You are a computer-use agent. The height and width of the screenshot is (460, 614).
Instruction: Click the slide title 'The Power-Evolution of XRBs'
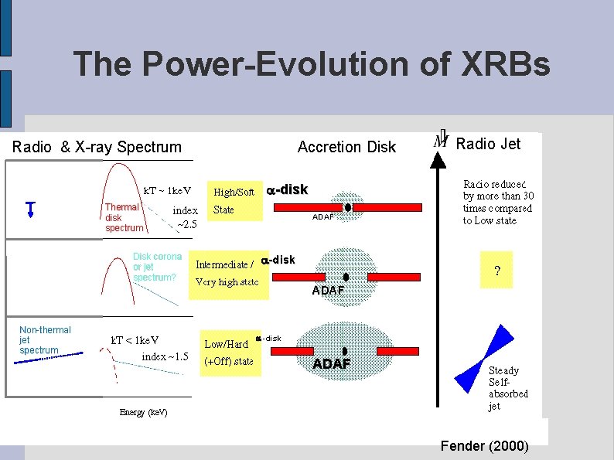312,63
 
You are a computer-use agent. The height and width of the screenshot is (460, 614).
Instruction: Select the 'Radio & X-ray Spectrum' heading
97,147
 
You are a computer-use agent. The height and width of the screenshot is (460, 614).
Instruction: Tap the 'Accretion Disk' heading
346,147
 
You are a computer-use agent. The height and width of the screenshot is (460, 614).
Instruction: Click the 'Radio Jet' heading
488,144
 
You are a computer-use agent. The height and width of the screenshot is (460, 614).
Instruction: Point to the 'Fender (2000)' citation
484,446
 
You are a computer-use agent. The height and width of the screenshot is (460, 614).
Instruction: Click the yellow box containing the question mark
497,271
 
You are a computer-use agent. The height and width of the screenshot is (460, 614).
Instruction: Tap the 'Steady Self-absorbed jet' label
508,388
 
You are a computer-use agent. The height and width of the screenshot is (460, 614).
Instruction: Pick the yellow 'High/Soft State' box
234,201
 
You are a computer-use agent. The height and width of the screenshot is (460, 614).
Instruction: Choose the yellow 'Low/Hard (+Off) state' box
228,353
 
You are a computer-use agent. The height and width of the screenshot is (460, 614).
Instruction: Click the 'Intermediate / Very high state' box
227,273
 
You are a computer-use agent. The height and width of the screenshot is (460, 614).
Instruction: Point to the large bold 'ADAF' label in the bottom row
332,363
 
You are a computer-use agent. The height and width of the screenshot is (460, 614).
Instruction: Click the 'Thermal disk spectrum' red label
124,217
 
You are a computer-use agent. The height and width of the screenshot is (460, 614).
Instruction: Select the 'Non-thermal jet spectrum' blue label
45,340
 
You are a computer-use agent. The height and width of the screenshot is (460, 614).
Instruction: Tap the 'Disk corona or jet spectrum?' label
157,267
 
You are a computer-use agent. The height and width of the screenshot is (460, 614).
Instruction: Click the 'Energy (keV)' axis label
143,411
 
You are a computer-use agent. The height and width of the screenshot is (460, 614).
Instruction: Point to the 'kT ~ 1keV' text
168,191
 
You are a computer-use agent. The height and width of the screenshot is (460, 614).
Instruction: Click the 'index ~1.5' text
165,356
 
